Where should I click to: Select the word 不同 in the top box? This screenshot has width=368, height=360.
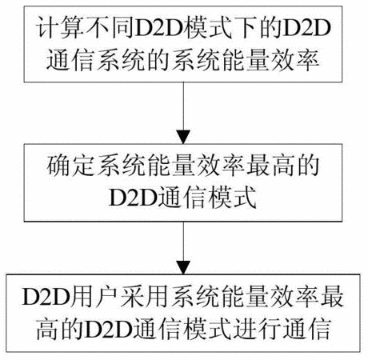[110, 28]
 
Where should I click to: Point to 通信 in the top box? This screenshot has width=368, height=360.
[70, 61]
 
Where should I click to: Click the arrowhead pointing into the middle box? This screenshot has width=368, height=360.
[183, 137]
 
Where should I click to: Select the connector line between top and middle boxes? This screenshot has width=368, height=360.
[183, 106]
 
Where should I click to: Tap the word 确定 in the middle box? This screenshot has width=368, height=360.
[71, 166]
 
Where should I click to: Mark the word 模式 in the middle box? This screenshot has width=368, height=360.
[233, 198]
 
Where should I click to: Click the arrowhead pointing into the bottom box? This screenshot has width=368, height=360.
[183, 267]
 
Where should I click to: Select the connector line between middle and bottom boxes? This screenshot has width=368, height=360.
[183, 241]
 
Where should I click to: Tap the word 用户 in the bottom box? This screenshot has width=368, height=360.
[94, 296]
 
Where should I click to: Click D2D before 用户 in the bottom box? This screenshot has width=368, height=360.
[46, 297]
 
